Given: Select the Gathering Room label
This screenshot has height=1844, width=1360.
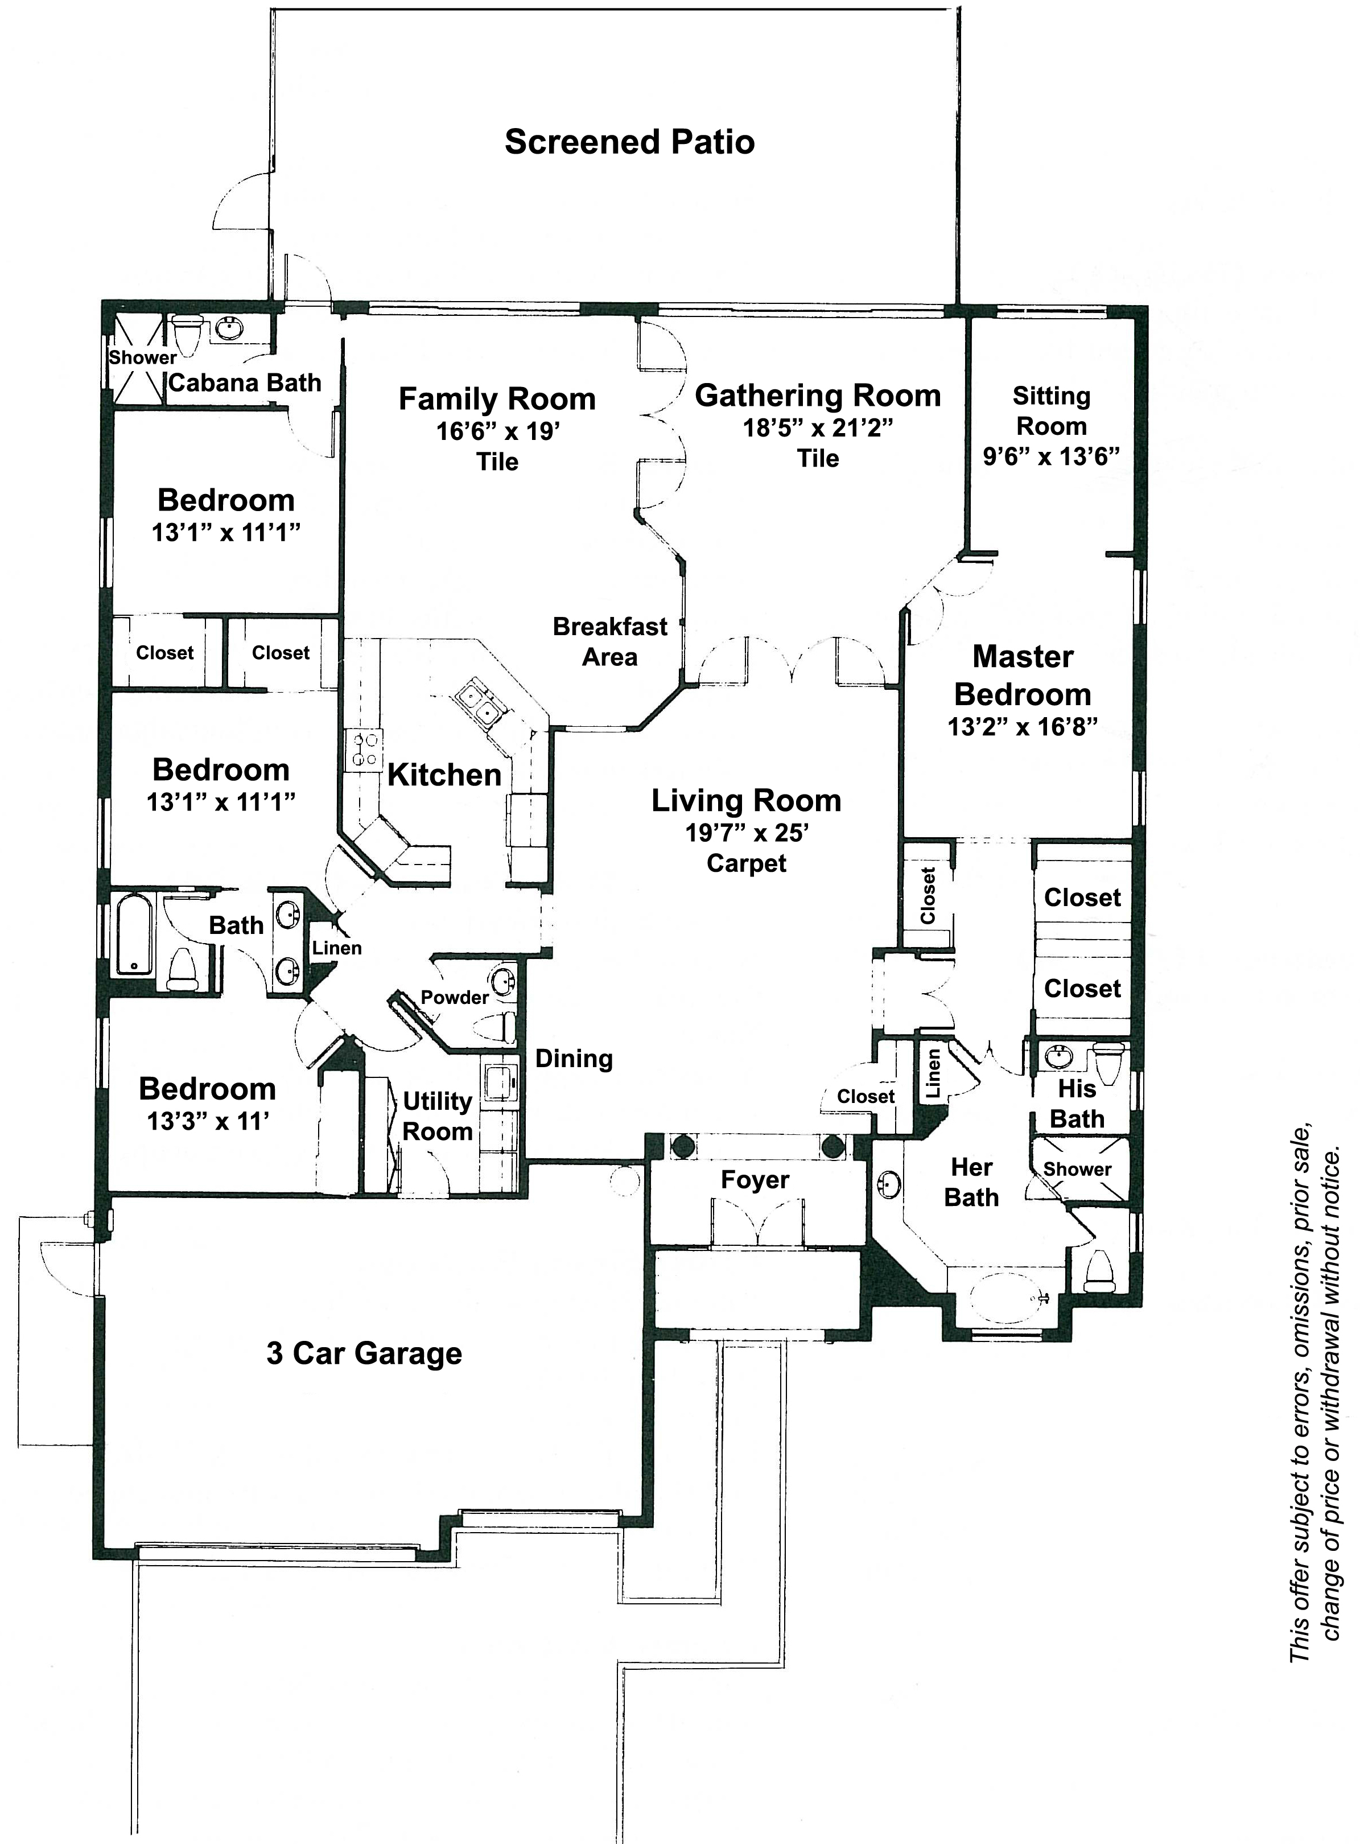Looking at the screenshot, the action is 818,395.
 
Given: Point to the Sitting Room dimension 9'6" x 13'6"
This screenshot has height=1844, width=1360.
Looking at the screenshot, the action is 1050,456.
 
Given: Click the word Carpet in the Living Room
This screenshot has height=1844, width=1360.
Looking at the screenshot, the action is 747,863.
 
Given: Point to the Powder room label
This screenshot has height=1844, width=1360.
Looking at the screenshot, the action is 455,997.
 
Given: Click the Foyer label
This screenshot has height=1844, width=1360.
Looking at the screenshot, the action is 755,1180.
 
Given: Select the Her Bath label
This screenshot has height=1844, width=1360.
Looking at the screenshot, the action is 971,1182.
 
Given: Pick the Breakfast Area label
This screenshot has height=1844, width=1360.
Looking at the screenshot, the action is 610,641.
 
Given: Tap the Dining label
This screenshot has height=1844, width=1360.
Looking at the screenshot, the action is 574,1059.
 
